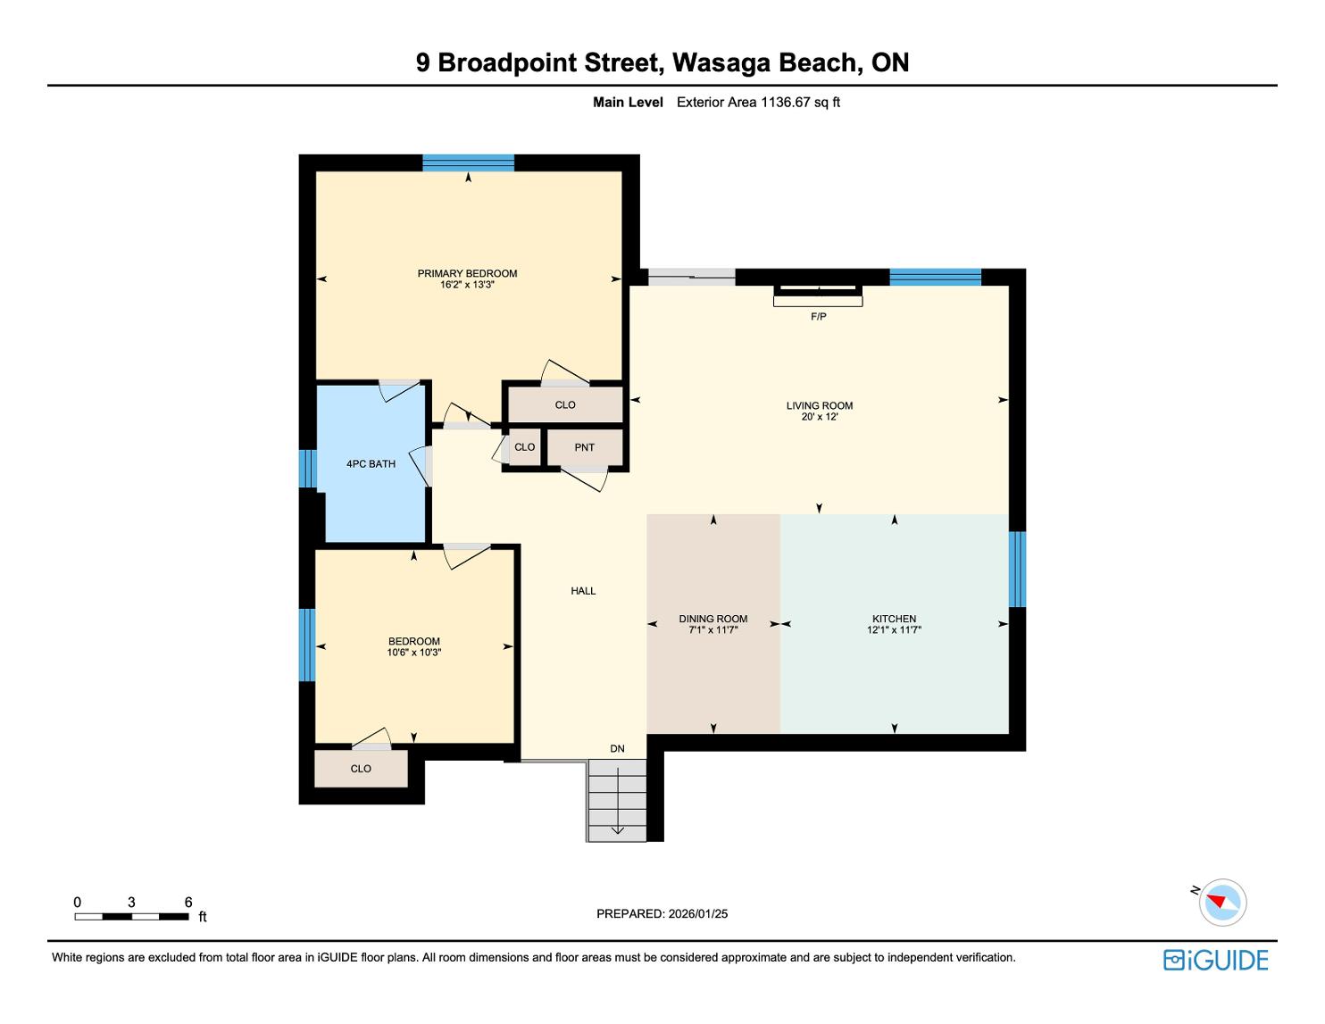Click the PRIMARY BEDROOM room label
click(467, 273)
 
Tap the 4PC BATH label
click(371, 464)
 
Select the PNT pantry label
click(584, 447)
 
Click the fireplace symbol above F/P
click(818, 296)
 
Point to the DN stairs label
click(617, 748)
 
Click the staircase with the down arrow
click(616, 800)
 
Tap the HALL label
click(583, 591)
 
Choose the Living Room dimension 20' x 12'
click(820, 417)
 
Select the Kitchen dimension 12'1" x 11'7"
click(894, 630)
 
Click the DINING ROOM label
click(712, 619)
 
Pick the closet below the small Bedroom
click(361, 769)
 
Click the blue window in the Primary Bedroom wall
click(468, 162)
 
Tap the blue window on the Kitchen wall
click(1017, 570)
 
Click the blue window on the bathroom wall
click(307, 468)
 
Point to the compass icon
click(1222, 903)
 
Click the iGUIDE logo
click(1215, 960)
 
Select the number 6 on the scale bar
click(188, 902)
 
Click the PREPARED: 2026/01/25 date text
click(662, 913)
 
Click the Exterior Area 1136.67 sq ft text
click(758, 102)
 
